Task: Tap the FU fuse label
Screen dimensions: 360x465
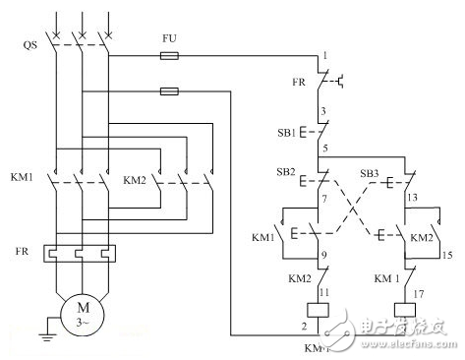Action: click(169, 39)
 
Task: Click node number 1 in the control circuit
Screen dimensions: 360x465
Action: click(324, 58)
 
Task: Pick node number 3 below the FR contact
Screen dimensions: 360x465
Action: click(324, 111)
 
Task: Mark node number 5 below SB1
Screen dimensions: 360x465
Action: click(324, 148)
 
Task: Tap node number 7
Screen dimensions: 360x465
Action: click(324, 200)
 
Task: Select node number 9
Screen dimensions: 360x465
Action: click(324, 258)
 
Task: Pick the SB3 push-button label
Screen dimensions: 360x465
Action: click(371, 172)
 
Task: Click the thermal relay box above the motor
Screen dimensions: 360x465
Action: click(82, 254)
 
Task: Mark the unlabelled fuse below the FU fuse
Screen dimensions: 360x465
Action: click(169, 92)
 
